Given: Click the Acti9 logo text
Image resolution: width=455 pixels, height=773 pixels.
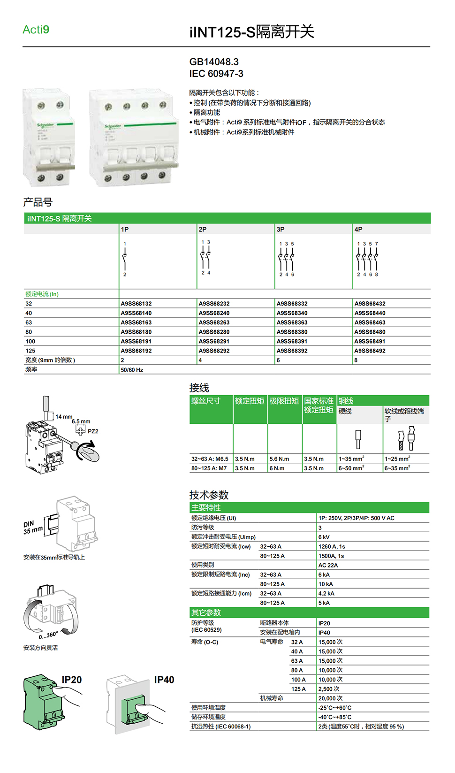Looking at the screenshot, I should [x=36, y=30].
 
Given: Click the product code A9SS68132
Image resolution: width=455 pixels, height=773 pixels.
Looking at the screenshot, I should [x=136, y=304].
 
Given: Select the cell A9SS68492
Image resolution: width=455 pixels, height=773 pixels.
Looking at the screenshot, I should [x=370, y=351].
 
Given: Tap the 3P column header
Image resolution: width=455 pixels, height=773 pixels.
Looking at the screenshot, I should [x=281, y=230].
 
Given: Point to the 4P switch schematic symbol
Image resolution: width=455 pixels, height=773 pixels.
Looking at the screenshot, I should [x=367, y=259].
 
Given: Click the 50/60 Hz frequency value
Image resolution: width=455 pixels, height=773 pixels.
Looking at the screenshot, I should [x=132, y=370].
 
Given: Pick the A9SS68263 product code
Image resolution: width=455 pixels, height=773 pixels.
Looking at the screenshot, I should [x=214, y=322].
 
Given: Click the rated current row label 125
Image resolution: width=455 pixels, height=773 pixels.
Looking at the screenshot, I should [x=30, y=351].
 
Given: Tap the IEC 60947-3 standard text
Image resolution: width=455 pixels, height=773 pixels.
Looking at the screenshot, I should [x=216, y=74].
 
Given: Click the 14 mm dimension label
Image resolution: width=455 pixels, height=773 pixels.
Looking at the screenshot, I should [x=64, y=417].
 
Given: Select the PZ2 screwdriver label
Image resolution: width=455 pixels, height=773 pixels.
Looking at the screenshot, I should [x=93, y=431].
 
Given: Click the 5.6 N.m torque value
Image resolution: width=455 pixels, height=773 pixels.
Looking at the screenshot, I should [x=279, y=459].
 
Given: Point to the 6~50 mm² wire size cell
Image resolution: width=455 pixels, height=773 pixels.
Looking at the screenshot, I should [x=351, y=468].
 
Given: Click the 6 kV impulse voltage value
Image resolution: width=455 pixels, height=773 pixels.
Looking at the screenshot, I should [x=324, y=537].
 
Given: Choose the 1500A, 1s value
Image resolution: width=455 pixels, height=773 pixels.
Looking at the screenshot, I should [x=331, y=556].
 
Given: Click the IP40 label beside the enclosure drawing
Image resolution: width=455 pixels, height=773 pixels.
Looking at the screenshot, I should [x=164, y=680].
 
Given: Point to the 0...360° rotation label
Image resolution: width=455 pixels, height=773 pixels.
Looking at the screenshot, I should [x=48, y=635].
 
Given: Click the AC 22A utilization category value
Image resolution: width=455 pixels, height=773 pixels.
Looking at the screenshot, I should [x=328, y=565].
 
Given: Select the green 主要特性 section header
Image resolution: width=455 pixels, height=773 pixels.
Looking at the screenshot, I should [x=206, y=507].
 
